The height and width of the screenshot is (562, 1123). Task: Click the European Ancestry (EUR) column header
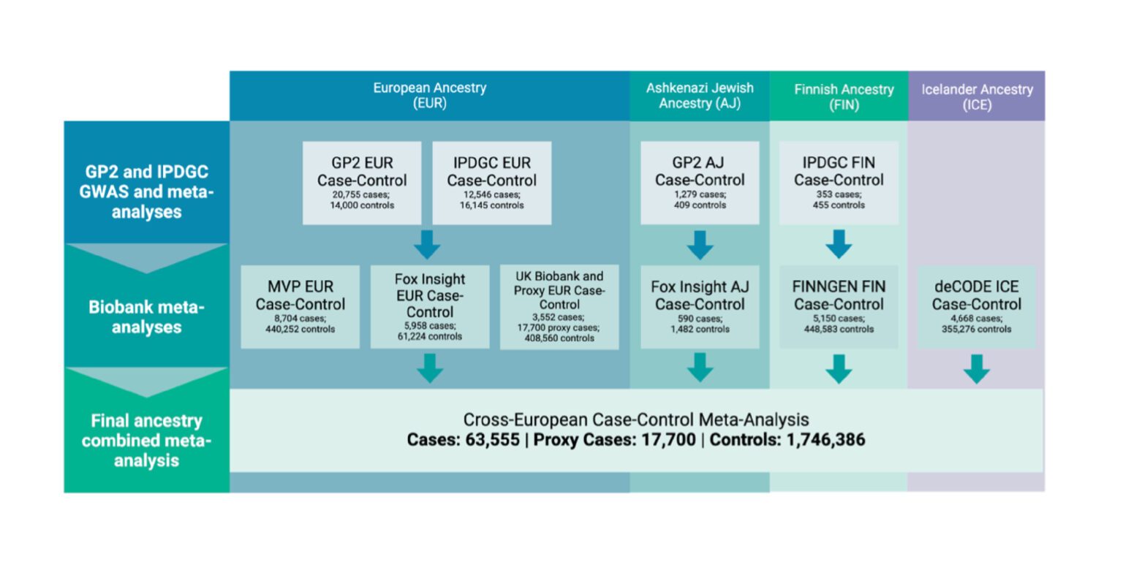(430, 95)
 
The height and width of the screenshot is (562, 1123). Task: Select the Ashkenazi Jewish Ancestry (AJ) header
(700, 95)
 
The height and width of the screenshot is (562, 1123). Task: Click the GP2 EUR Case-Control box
(362, 183)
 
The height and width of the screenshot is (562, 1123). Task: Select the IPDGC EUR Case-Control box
(492, 183)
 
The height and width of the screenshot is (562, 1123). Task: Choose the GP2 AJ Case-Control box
(700, 183)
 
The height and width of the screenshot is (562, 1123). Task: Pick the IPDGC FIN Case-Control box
(839, 183)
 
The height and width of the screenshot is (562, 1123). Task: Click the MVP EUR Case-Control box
(300, 307)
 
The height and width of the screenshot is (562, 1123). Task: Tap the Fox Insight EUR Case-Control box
(430, 307)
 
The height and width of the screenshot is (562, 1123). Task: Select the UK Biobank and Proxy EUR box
(559, 307)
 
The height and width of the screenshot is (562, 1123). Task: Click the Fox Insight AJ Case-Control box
(700, 307)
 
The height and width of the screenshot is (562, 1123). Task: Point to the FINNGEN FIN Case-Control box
(839, 307)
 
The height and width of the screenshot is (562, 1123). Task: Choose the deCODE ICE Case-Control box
(977, 307)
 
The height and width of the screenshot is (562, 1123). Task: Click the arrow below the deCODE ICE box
(977, 369)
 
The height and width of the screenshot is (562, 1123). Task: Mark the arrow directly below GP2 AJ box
(700, 245)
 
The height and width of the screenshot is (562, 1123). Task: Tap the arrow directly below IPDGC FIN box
(839, 245)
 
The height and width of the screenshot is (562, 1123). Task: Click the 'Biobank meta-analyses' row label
(146, 317)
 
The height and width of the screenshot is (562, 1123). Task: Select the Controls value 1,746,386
(825, 440)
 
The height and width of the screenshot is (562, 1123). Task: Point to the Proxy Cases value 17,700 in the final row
(669, 440)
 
